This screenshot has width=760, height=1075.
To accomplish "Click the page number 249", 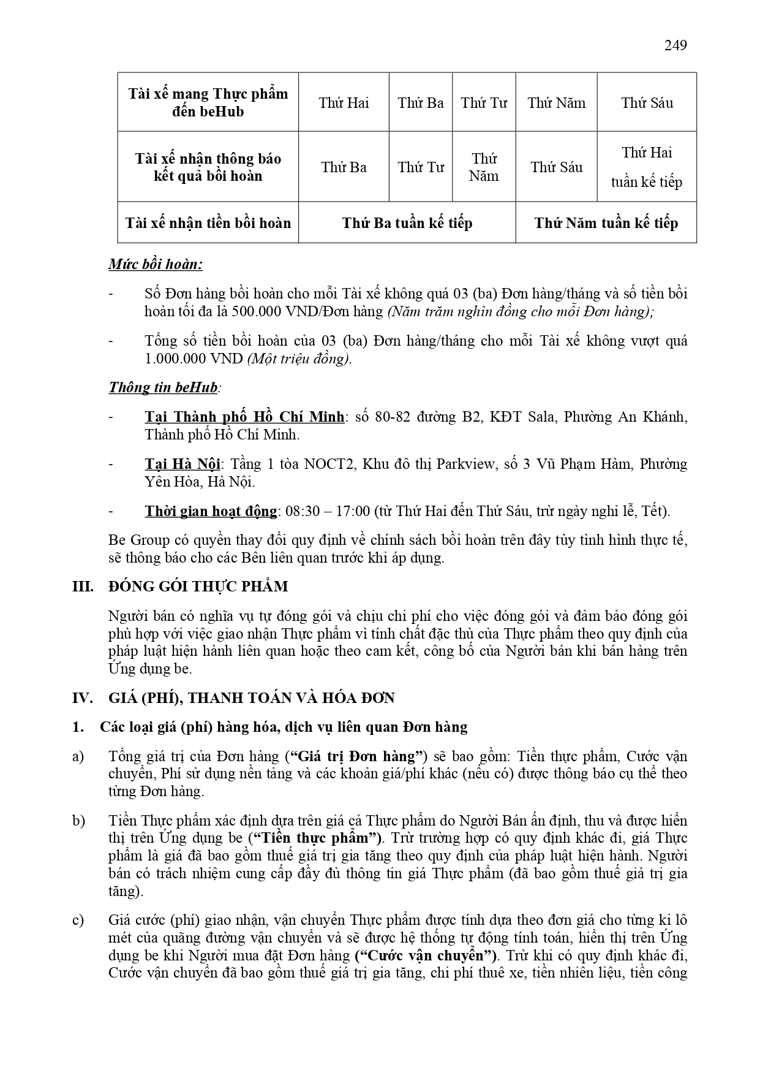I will tap(675, 45).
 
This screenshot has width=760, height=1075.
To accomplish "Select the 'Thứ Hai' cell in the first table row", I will tap(344, 103).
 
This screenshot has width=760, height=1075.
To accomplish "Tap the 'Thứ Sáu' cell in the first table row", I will tap(647, 103).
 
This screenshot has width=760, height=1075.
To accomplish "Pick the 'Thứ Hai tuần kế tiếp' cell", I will tap(647, 167).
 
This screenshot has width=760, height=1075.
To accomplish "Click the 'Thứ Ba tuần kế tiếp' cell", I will tap(407, 223).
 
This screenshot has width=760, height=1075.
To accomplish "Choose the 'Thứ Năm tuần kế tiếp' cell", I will tap(606, 223).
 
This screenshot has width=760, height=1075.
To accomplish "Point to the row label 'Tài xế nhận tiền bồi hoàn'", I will tap(208, 223).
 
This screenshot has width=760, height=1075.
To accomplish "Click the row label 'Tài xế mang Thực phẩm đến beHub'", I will tap(208, 103).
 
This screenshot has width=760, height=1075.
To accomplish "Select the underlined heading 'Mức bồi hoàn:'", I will tap(156, 265).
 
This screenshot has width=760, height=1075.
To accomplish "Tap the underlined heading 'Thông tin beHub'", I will tap(163, 388).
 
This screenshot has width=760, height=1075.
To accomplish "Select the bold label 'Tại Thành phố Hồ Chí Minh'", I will tap(244, 417).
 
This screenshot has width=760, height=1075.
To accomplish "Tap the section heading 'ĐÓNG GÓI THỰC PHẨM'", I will tap(198, 587).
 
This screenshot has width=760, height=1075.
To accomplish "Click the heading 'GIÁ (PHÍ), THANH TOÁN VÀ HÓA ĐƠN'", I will tap(252, 698).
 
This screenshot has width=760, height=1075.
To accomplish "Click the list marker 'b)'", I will tap(78, 821).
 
